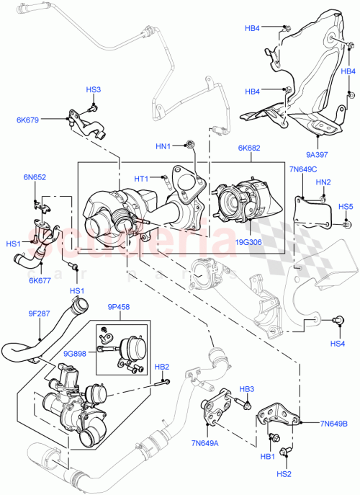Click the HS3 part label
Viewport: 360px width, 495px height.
(x=94, y=90)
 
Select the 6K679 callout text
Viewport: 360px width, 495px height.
(x=50, y=120)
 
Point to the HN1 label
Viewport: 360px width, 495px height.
(x=163, y=146)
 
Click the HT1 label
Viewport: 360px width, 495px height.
(x=141, y=179)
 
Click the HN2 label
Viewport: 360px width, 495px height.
(x=323, y=182)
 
